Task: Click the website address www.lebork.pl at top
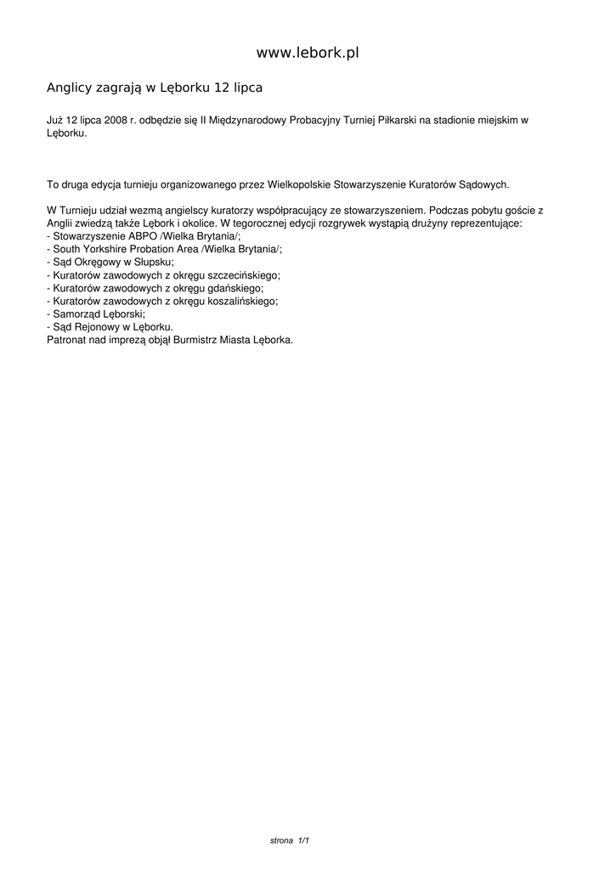point(308,53)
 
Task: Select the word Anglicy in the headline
point(69,88)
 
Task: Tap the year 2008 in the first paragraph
point(115,121)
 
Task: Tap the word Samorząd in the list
point(76,314)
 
